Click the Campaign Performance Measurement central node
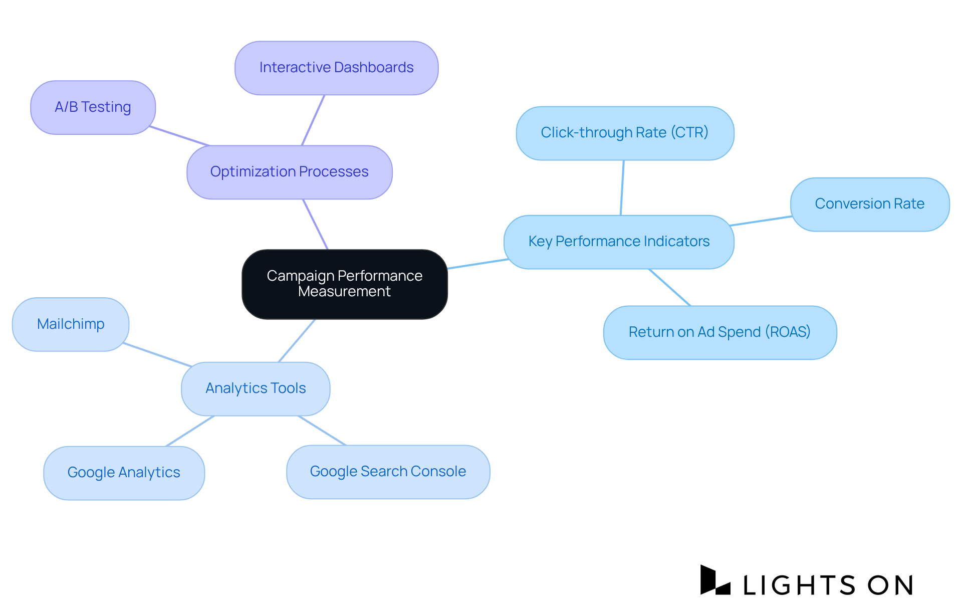click(x=345, y=284)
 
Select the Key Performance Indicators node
click(x=619, y=242)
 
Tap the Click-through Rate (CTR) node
click(x=625, y=133)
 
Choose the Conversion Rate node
click(x=870, y=204)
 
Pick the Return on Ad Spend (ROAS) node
click(x=720, y=332)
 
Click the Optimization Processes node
click(x=289, y=172)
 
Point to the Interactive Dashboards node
click(x=336, y=68)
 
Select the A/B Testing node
click(x=93, y=107)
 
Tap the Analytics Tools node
click(x=256, y=388)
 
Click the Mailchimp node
click(x=71, y=324)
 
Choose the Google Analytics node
click(x=124, y=473)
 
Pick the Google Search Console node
click(x=388, y=472)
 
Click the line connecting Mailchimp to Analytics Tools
click(x=157, y=355)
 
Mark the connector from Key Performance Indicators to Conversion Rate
click(x=761, y=221)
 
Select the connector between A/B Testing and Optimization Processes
click(x=179, y=136)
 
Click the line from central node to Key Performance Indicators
click(x=477, y=264)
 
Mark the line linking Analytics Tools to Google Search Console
click(x=322, y=431)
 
